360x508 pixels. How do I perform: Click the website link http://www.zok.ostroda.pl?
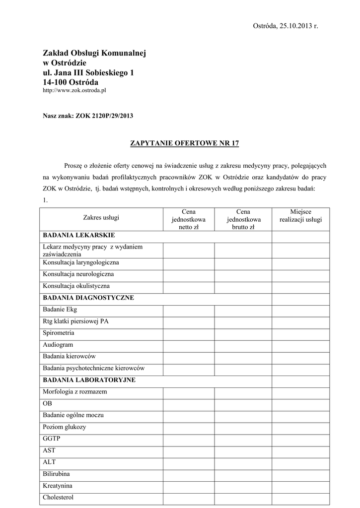[74, 91]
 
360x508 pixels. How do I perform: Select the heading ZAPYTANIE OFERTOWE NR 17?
[184, 143]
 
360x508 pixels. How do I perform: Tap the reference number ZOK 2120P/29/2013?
[104, 116]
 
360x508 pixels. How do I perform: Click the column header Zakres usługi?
[101, 218]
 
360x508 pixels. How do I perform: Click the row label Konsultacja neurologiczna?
[78, 274]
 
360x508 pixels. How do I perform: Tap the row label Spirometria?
[59, 332]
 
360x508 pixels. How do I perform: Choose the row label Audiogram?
[58, 344]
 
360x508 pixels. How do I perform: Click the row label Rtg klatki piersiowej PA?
[75, 321]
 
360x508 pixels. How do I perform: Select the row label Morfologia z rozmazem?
[75, 391]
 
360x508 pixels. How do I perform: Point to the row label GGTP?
[51, 439]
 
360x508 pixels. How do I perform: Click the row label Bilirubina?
[56, 474]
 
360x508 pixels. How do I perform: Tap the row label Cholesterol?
[59, 497]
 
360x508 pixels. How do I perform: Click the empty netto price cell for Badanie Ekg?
[188, 310]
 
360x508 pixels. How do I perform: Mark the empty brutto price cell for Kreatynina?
[243, 486]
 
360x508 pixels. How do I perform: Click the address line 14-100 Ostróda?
[71, 82]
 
